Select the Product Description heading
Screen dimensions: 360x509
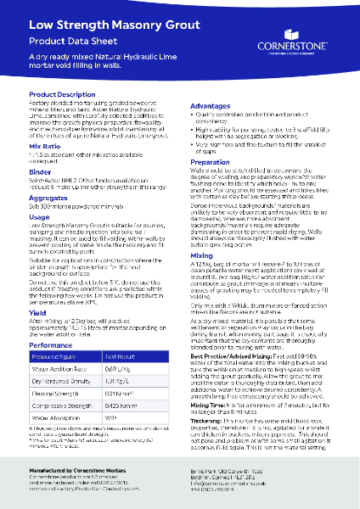(61, 94)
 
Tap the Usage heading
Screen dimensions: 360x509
(39, 216)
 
